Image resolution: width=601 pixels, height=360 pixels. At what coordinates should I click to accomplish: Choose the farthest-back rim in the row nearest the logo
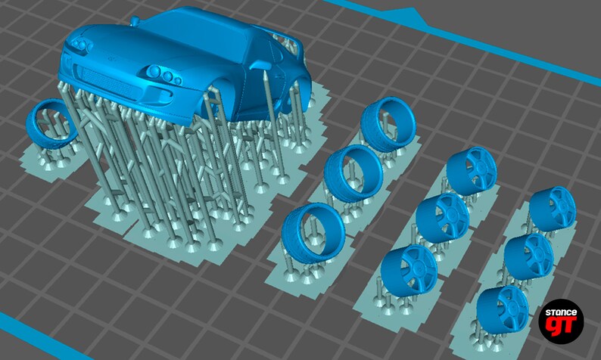553,208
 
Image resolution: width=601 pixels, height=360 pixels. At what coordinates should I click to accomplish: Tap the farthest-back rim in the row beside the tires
471,171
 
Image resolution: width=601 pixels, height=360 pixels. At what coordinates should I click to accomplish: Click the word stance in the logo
562,312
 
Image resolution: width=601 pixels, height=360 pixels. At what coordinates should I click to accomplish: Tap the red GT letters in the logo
561,327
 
